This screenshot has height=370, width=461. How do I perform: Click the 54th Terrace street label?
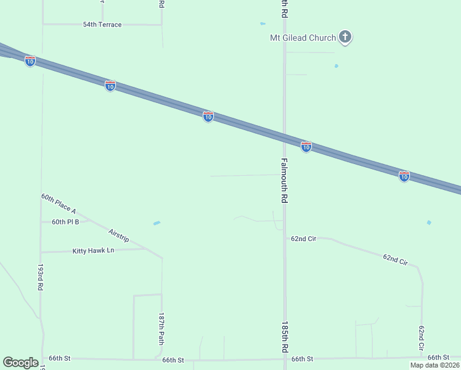click(x=102, y=25)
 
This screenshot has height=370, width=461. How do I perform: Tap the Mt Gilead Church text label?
click(x=303, y=38)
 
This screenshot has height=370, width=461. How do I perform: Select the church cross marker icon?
click(x=345, y=38)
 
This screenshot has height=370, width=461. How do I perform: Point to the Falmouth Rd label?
click(x=285, y=181)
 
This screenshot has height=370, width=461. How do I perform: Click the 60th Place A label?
click(x=59, y=203)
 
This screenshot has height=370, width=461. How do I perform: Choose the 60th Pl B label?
click(x=65, y=221)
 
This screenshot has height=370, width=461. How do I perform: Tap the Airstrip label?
click(x=118, y=235)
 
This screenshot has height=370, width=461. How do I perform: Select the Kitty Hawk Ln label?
click(x=94, y=250)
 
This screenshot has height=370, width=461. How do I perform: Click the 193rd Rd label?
click(x=40, y=279)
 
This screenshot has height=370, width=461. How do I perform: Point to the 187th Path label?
click(x=161, y=328)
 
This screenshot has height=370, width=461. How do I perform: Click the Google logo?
click(x=21, y=363)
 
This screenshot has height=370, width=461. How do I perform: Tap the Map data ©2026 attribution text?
click(x=434, y=365)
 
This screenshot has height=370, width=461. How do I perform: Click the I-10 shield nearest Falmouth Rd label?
click(x=306, y=146)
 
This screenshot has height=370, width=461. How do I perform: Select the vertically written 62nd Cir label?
click(x=422, y=339)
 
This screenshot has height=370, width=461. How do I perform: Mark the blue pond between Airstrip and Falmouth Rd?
click(x=157, y=223)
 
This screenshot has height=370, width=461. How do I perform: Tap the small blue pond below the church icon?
click(x=336, y=66)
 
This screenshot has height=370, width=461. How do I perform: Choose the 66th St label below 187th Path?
click(x=173, y=359)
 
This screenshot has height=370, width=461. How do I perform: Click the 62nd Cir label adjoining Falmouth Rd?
click(x=303, y=238)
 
